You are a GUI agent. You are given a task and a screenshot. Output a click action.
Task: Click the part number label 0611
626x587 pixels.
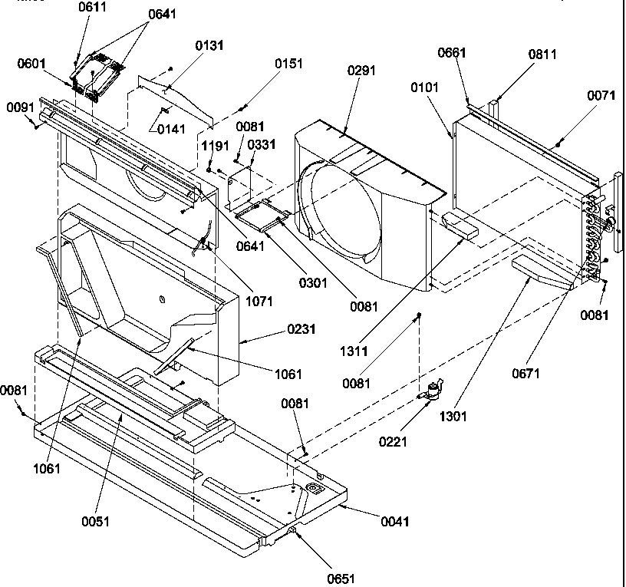(x=93, y=7)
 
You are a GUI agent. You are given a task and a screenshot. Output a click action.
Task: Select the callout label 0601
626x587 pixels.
(x=31, y=64)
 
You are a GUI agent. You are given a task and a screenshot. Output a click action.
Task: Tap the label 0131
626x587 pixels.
(x=209, y=45)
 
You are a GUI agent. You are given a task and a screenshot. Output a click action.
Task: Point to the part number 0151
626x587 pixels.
(x=288, y=64)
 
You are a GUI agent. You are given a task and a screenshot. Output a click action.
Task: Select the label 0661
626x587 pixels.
(x=453, y=53)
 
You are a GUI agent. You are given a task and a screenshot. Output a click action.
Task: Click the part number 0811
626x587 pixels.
(x=542, y=54)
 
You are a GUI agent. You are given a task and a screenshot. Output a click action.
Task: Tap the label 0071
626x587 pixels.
(x=601, y=96)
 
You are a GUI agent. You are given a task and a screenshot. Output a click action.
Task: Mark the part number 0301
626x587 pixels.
(x=314, y=283)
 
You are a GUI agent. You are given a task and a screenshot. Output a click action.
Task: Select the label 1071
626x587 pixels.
(x=259, y=302)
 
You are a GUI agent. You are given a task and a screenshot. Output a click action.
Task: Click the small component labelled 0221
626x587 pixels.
(x=433, y=390)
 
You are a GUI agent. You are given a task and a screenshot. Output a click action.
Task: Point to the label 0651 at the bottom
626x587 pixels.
(x=340, y=579)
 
